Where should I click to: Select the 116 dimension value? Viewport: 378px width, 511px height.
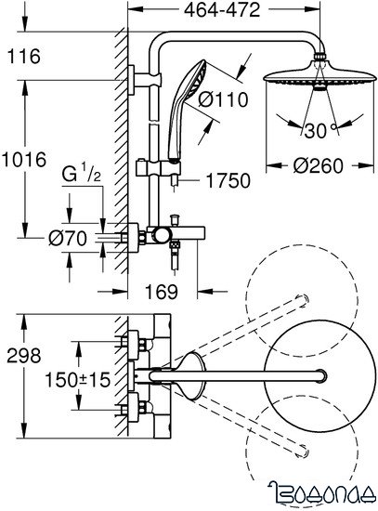tap(24, 58)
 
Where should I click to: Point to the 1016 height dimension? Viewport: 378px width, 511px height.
tap(24, 160)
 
